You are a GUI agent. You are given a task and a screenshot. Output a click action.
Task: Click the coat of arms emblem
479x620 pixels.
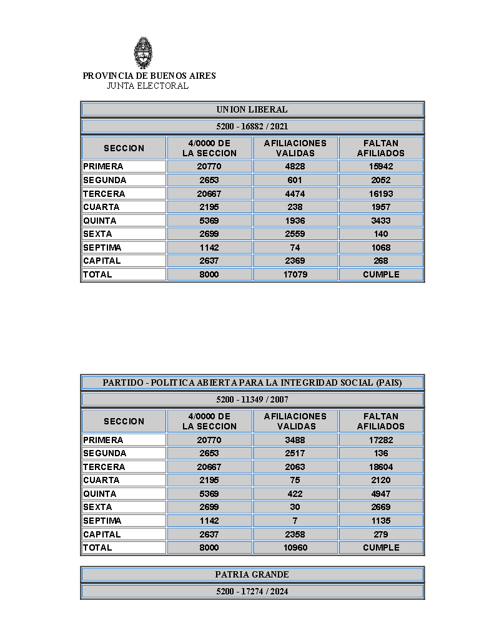(144, 52)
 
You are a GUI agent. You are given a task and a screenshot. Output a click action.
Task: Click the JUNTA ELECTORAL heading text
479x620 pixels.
(147, 86)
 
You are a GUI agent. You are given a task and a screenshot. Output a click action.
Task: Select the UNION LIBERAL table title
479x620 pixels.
(252, 109)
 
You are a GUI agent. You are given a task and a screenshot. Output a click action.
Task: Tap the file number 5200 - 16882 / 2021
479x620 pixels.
(252, 126)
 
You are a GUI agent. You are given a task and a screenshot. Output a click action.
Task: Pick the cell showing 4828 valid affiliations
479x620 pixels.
(295, 167)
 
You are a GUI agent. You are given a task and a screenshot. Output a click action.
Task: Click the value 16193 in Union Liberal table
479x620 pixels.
(381, 194)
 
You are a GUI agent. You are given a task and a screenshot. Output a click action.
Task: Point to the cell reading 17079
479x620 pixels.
(295, 274)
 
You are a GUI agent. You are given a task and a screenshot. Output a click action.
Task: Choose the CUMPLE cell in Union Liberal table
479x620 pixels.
(381, 274)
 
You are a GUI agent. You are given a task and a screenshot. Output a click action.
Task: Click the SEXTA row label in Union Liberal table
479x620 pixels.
(98, 234)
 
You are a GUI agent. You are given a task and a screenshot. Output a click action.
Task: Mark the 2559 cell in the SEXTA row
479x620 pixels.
(295, 234)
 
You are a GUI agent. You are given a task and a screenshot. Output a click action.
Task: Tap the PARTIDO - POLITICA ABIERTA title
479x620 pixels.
(252, 382)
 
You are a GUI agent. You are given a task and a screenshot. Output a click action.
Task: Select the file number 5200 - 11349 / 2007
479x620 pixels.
(252, 399)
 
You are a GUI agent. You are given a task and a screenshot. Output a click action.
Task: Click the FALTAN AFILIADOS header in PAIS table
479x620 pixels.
(381, 421)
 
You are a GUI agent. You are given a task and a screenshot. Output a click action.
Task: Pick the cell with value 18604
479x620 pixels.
(381, 467)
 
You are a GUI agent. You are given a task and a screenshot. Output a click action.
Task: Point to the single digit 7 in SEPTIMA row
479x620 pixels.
(295, 521)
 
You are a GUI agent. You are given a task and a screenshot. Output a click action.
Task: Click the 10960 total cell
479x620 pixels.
(295, 547)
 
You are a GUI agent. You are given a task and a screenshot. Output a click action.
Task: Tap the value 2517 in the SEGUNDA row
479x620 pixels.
(295, 453)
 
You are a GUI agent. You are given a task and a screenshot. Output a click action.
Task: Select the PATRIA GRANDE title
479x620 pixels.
(252, 574)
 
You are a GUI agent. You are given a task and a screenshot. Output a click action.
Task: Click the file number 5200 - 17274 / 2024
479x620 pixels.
(252, 591)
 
